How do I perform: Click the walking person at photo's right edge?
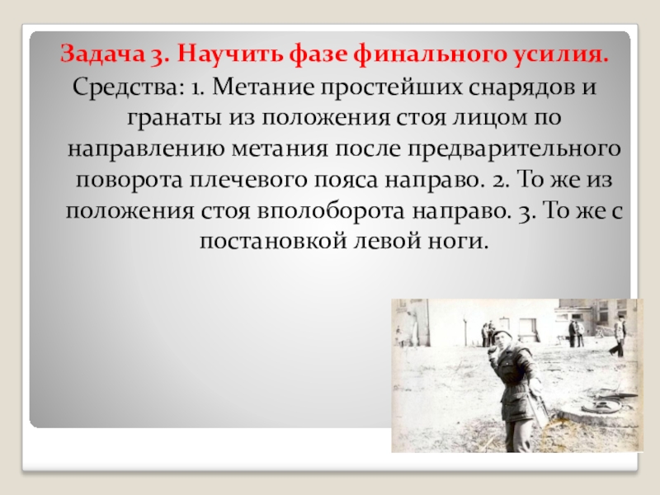pos(617,337)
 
